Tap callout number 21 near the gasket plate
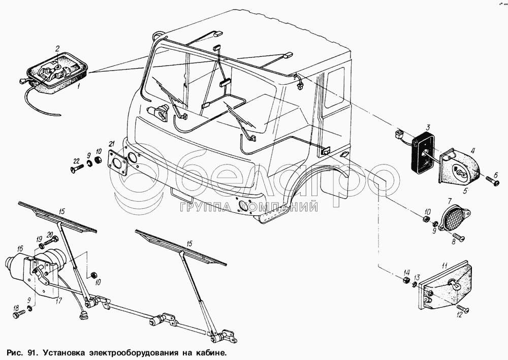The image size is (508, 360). [111, 144]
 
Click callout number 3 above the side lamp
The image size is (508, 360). [428, 127]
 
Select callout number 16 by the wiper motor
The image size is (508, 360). [20, 248]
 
